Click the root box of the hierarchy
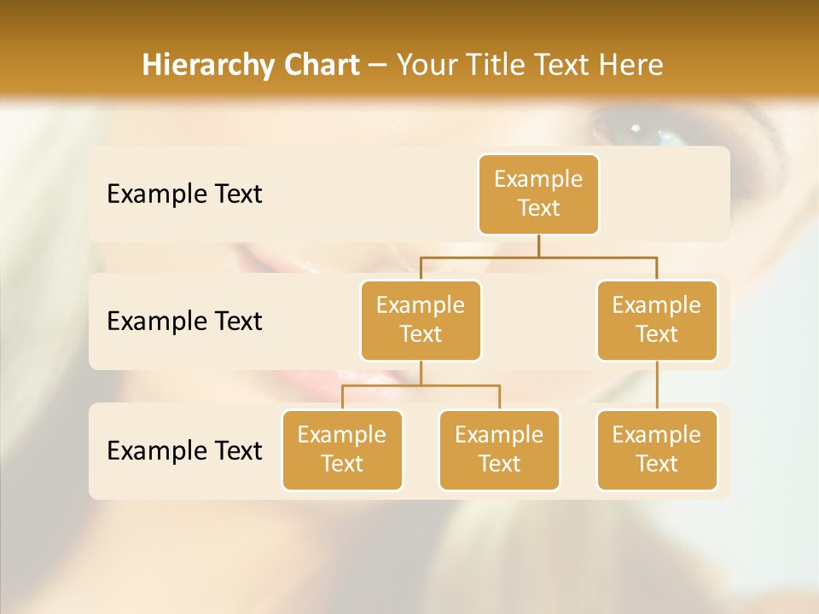(538, 194)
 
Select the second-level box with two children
(421, 320)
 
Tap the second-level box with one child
(657, 320)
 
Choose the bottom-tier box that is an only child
(657, 449)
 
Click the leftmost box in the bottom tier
(342, 449)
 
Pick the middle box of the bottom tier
(499, 449)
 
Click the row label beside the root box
(184, 194)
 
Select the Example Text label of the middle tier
(184, 321)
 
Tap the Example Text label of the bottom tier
(184, 450)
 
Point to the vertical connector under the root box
(538, 246)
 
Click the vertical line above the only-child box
(657, 385)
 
